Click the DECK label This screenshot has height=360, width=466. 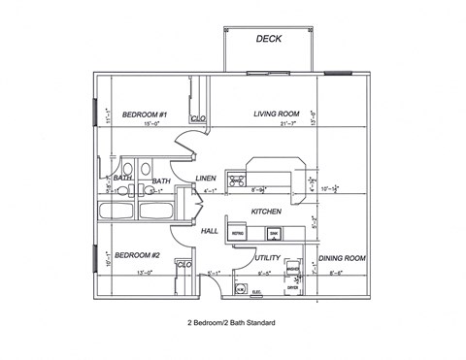268,40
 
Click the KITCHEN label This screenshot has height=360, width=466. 266,211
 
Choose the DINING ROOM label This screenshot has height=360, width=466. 341,259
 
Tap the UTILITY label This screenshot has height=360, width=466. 267,258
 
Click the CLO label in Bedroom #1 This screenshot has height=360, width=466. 198,119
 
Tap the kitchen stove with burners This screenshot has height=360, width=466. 234,180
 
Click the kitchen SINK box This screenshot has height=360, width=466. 275,234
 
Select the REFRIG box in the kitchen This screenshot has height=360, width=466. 237,234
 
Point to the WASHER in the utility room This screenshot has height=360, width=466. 292,269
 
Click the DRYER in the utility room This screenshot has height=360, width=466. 292,287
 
